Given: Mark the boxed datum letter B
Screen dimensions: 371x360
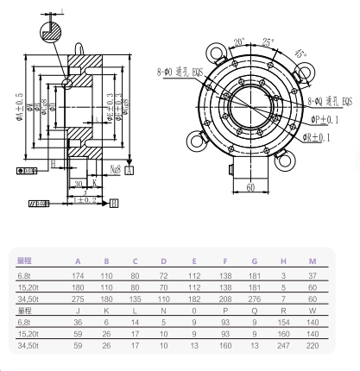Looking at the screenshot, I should point(114,204).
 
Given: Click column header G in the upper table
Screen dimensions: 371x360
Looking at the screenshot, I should point(252,260).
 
